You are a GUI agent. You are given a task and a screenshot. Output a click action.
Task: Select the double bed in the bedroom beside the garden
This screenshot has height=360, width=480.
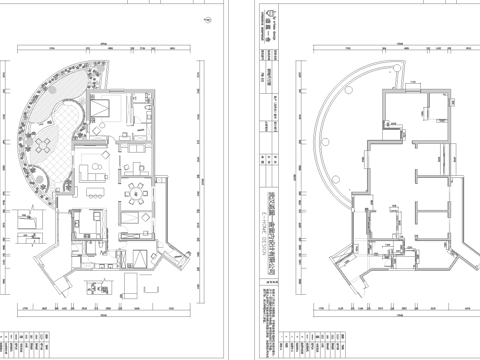104,112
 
